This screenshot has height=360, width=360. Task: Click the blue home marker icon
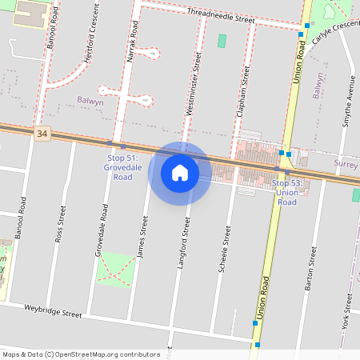click(180, 172)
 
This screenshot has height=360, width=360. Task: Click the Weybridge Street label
click(53, 310)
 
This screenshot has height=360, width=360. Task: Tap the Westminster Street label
click(193, 83)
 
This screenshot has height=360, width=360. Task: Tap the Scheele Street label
click(226, 250)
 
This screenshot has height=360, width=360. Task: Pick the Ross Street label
click(59, 225)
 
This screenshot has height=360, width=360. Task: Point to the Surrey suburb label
click(346, 163)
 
